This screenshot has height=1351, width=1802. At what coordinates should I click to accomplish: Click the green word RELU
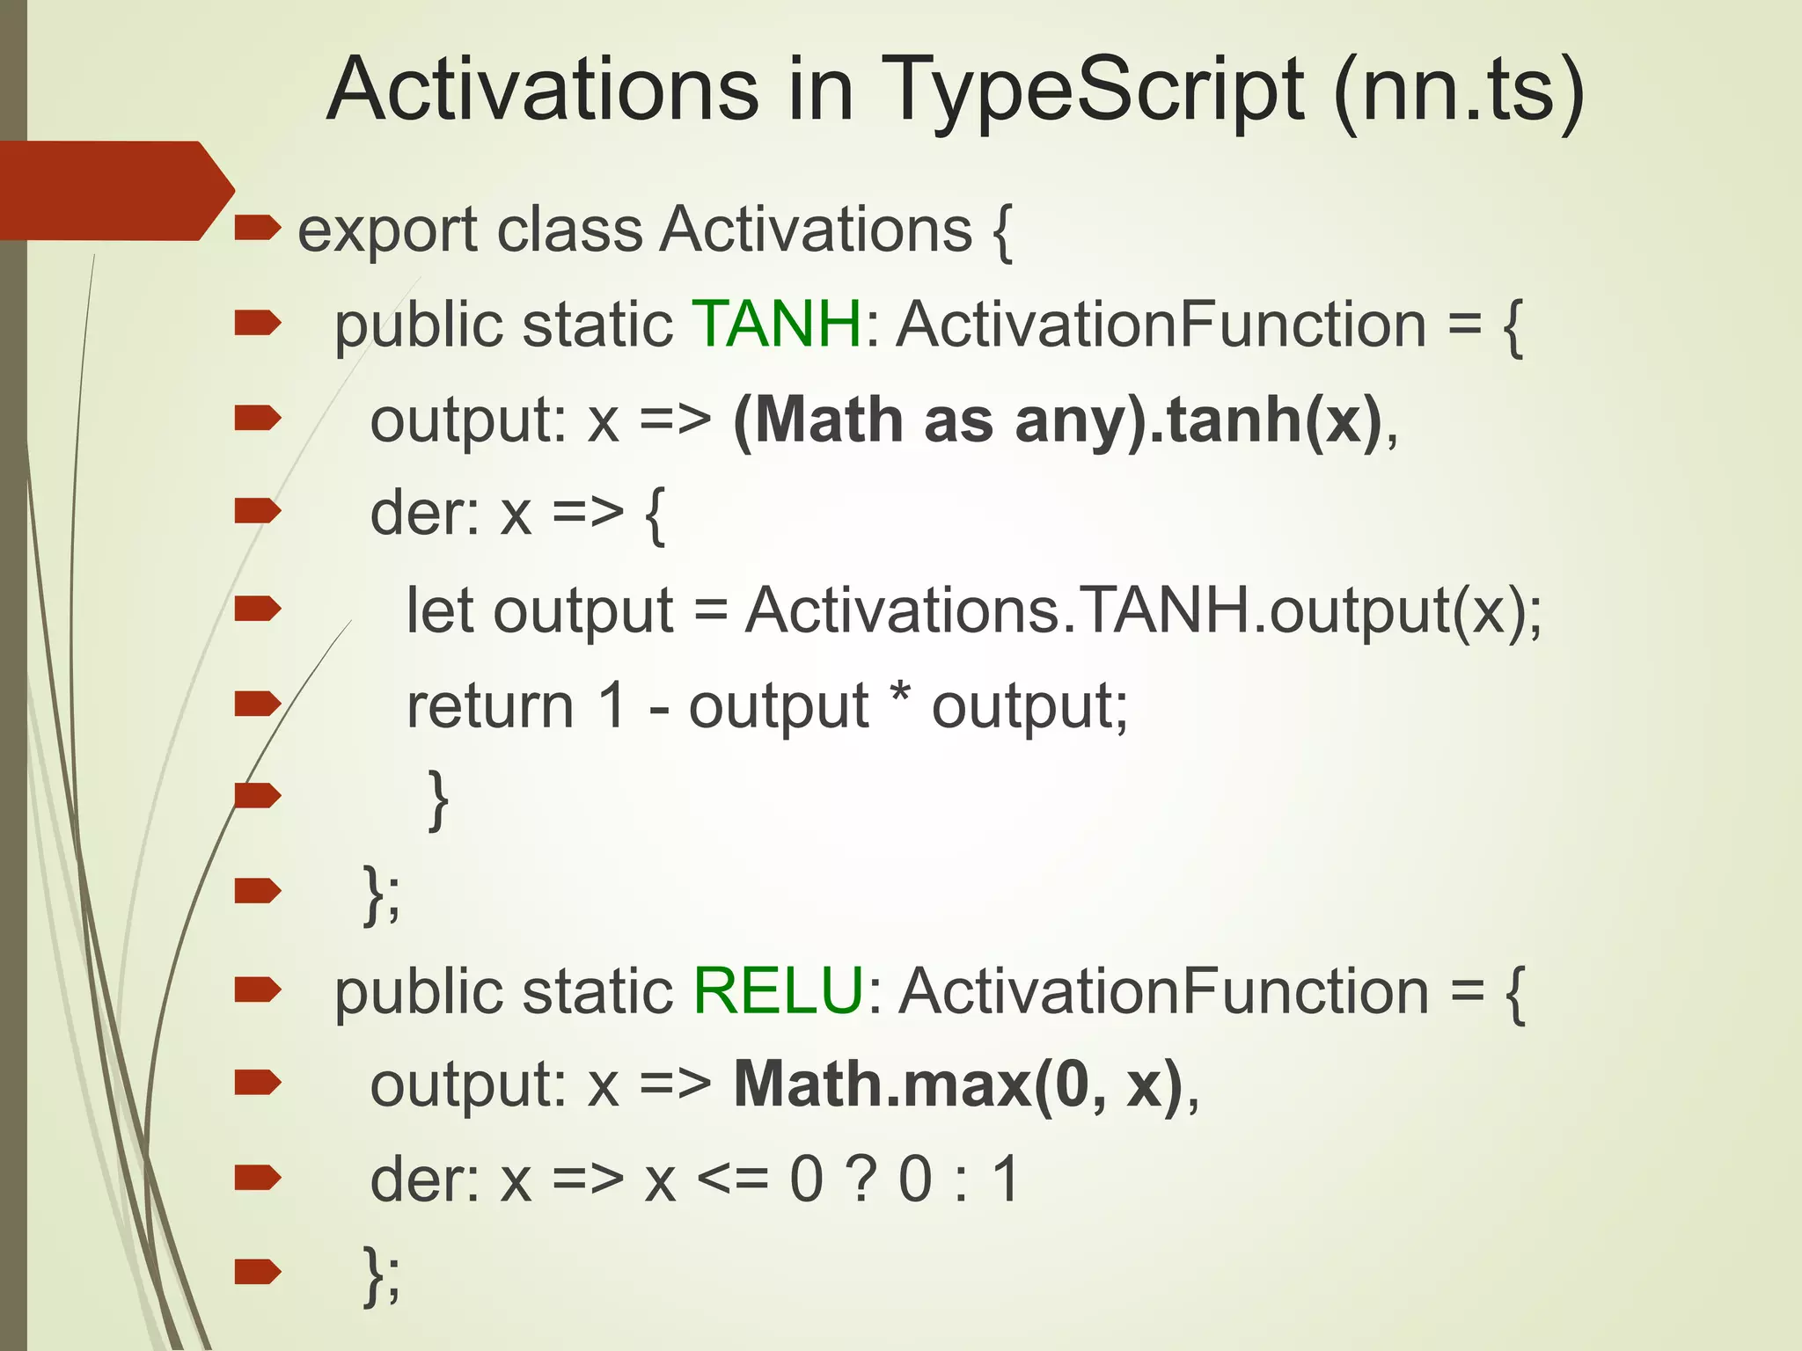click(779, 990)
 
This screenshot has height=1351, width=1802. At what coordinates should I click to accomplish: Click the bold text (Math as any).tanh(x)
click(1057, 420)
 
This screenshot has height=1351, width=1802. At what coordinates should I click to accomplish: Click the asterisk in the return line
click(899, 695)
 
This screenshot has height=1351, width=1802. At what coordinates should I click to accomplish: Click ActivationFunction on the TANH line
click(1161, 325)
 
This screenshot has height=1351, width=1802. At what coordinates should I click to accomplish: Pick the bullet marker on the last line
click(257, 1271)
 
